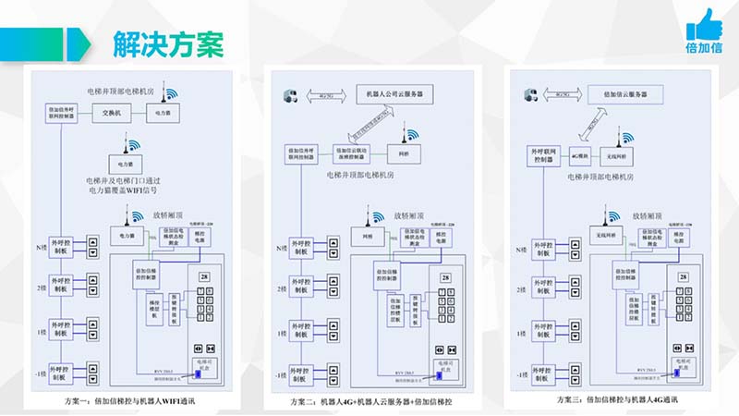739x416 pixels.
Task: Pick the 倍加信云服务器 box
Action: (x=625, y=94)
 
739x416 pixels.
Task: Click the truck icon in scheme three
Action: (x=530, y=94)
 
